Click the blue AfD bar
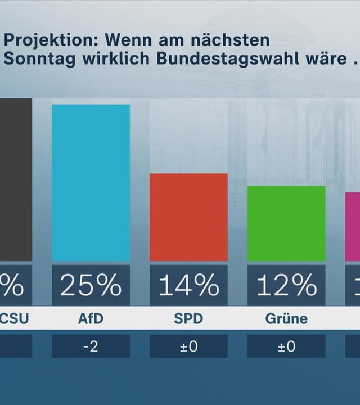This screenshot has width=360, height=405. pos(91,183)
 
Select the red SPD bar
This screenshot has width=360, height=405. pos(188,217)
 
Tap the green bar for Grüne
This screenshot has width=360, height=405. pos(286,223)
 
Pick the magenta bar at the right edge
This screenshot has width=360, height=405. pos(353,227)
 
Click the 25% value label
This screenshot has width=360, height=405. pos(91,286)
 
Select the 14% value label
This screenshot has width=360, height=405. pos(188,286)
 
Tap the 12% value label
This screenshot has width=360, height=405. pos(286,286)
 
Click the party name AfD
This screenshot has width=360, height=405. pos(91,319)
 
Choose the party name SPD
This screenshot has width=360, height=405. pos(188,319)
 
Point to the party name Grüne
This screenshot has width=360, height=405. pos(286,319)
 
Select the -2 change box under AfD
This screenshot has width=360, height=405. pos(91,346)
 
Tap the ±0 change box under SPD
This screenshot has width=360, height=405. pos(188,346)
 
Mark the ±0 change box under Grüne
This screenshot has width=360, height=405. pos(286,346)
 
